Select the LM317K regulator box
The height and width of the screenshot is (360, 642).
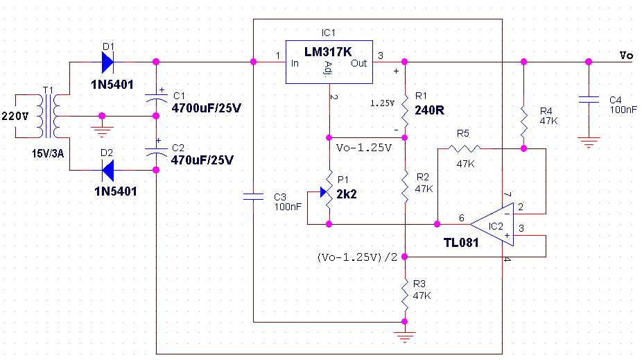pyautogui.click(x=329, y=63)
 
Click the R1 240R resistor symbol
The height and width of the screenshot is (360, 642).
pyautogui.click(x=405, y=110)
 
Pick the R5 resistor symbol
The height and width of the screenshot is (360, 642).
pyautogui.click(x=464, y=148)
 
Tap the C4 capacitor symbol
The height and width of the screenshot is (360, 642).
pyautogui.click(x=588, y=100)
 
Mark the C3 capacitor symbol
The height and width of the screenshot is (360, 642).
pyautogui.click(x=254, y=197)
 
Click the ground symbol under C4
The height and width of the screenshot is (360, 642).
pyautogui.click(x=588, y=143)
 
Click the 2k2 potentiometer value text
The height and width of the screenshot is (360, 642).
pyautogui.click(x=347, y=194)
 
